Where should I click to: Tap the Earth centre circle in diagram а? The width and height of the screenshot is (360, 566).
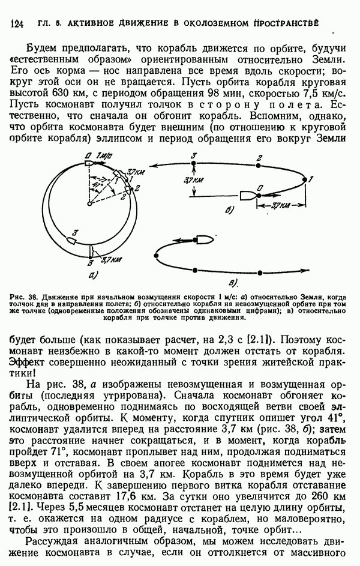[x=89, y=204]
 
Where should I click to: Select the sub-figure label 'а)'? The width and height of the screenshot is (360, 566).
[x=93, y=275]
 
